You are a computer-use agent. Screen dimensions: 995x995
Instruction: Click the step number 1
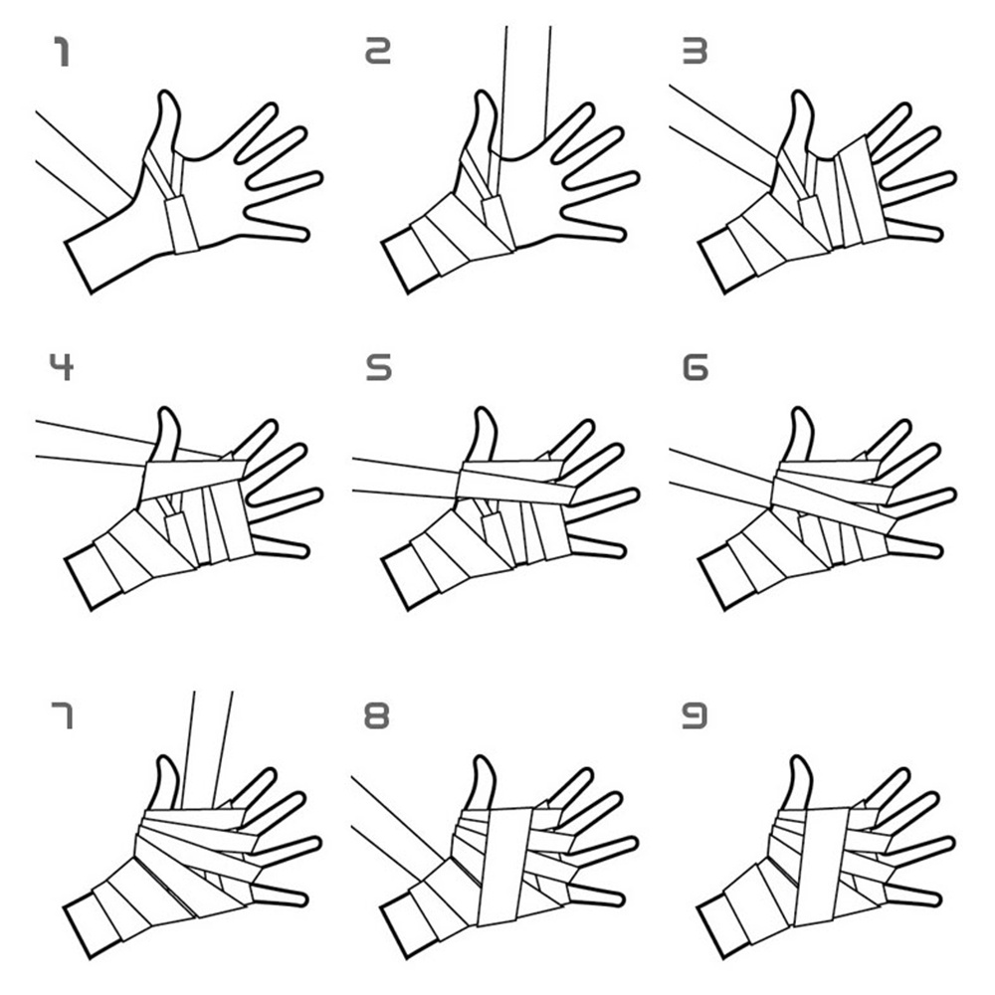click(62, 52)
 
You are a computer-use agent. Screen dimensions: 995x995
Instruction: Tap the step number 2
click(377, 51)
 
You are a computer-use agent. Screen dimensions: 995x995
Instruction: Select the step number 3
click(695, 51)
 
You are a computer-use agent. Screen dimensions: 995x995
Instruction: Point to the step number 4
click(62, 367)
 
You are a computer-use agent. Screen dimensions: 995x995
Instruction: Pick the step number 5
click(379, 367)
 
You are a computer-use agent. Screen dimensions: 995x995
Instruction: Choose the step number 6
click(695, 367)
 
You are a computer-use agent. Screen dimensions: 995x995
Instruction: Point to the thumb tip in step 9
click(801, 759)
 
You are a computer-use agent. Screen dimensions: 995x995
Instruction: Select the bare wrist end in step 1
click(79, 267)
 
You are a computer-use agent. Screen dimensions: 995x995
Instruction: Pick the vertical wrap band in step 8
click(504, 866)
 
